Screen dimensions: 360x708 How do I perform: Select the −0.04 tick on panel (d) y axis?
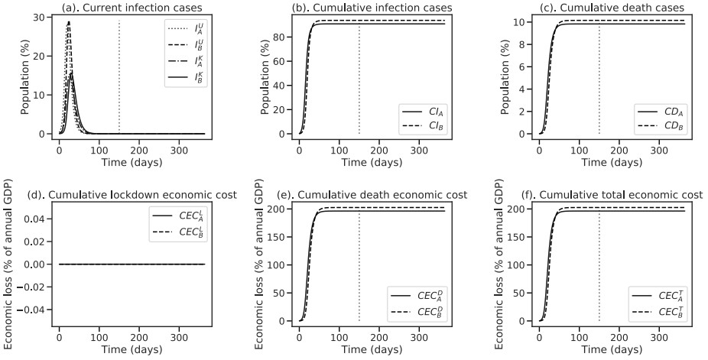[37, 310]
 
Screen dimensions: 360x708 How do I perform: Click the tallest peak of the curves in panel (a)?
[70, 22]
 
